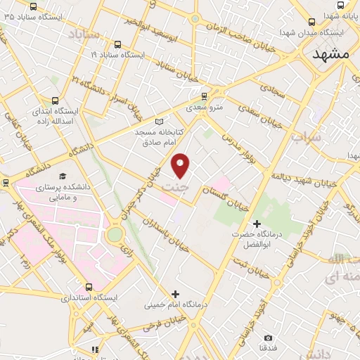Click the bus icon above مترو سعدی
[204, 96]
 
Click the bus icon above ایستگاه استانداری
[89, 287]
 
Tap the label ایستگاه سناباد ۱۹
[117, 53]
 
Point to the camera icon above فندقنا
[267, 338]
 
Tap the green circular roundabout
[114, 234]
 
